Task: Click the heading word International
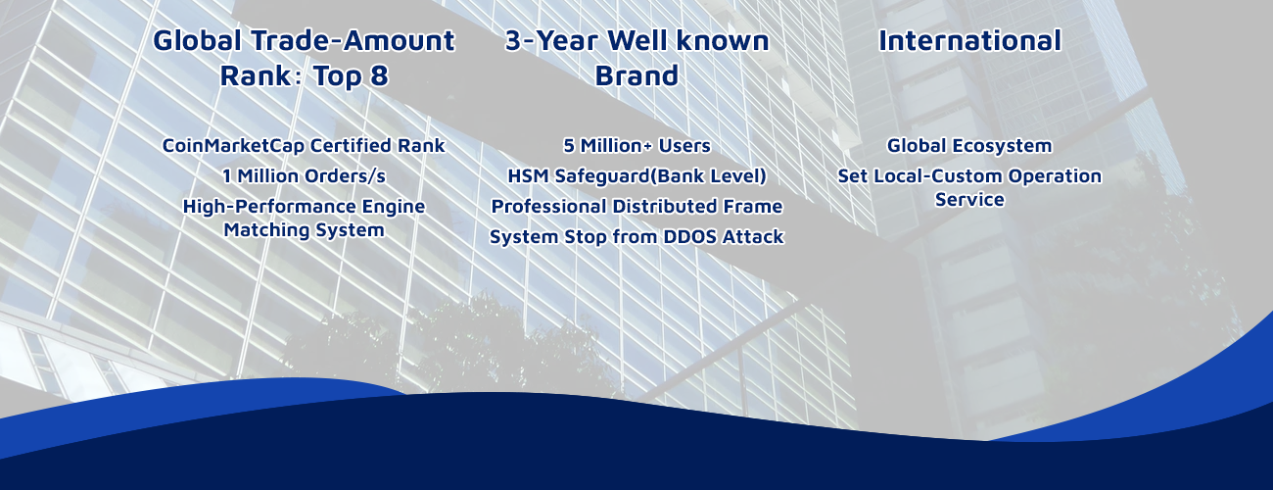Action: tap(969, 41)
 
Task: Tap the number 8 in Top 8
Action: tap(379, 75)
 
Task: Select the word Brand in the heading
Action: tap(636, 75)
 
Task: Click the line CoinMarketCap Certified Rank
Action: tap(304, 145)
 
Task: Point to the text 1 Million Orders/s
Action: tap(304, 176)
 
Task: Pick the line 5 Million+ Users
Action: tap(636, 145)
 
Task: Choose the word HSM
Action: tap(529, 176)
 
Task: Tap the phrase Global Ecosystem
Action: tap(969, 145)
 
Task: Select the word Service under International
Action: tap(969, 200)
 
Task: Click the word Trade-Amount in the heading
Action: tap(353, 41)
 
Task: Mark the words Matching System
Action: tap(304, 230)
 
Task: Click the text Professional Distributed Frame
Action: tap(636, 207)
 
